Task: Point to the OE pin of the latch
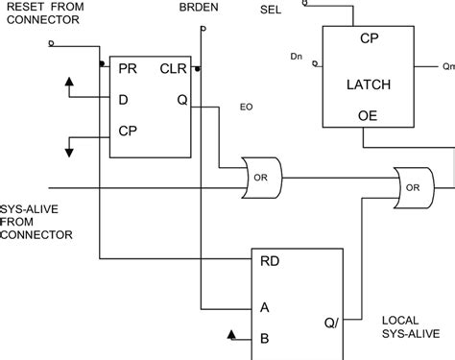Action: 367,115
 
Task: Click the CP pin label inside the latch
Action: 367,39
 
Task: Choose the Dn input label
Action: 296,58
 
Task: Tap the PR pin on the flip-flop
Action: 127,68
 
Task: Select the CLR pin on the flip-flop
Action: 174,68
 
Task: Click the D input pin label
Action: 123,99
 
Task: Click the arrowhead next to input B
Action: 232,334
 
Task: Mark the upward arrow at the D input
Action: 69,82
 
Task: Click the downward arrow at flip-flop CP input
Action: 69,149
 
